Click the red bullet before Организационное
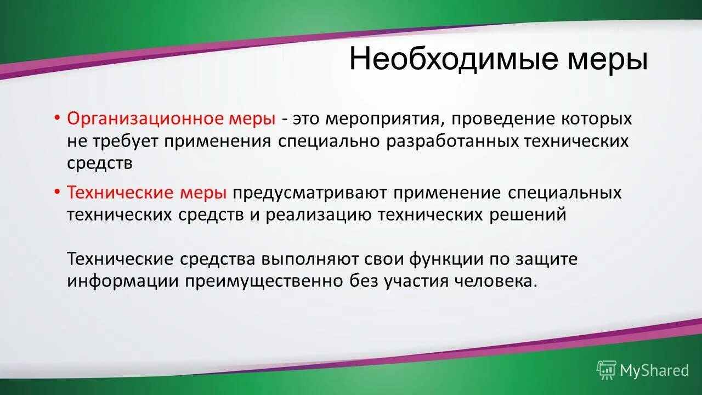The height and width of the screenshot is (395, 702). [58, 117]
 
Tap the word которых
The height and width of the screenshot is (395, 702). [598, 119]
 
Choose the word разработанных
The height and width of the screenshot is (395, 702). [452, 142]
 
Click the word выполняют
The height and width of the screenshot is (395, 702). [310, 258]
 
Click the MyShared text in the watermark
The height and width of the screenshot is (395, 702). [654, 370]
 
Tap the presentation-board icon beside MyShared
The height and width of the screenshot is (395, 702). [607, 370]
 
